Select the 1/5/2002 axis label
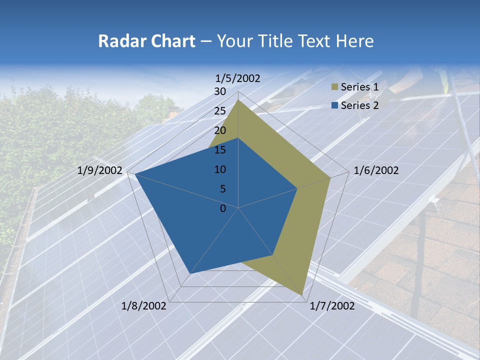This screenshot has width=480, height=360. point(238,78)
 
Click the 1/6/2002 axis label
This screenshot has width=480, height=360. point(376,170)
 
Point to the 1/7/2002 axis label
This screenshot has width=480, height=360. point(332,306)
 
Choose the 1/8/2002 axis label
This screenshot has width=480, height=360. point(144,306)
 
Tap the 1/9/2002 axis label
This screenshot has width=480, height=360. point(100,170)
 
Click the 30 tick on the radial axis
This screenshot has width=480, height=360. point(220,91)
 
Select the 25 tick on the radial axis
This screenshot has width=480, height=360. point(220,111)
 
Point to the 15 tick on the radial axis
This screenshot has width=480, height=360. point(220,150)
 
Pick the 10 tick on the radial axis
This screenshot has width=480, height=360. point(220,169)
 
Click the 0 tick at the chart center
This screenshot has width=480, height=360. point(223,208)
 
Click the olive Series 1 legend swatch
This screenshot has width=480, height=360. point(334,87)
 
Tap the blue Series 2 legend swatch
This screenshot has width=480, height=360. point(334,105)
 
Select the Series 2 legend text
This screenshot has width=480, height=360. point(360,105)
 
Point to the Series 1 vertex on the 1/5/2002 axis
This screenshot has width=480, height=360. point(238,100)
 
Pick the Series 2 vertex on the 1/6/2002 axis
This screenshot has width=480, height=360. point(297,188)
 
